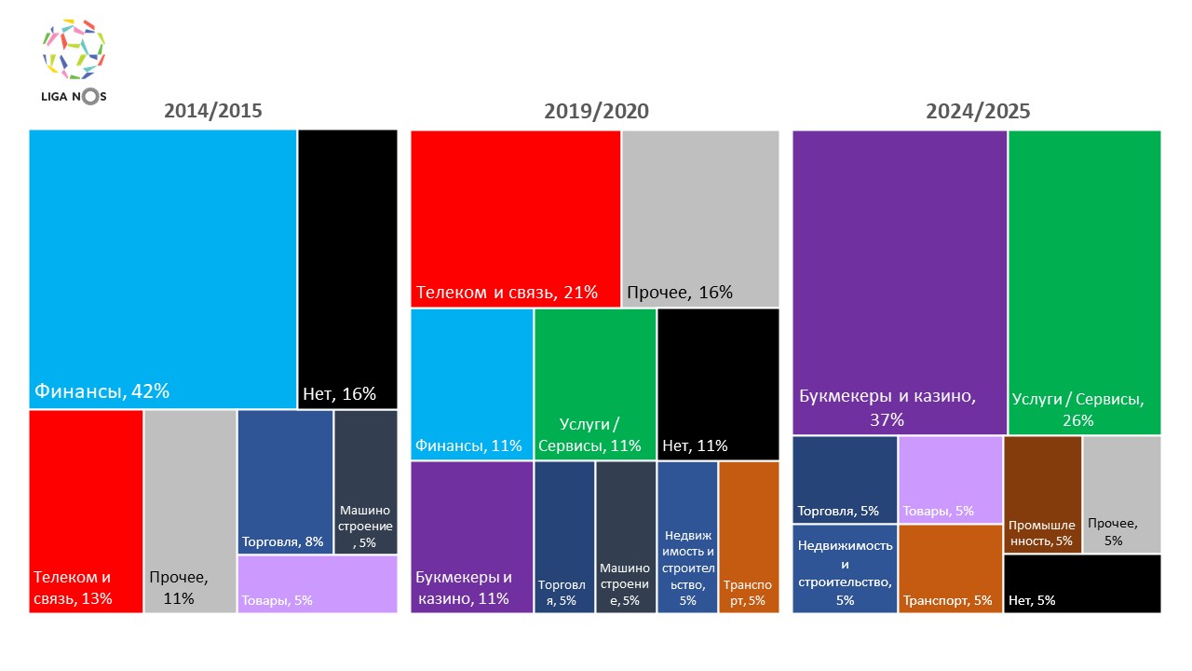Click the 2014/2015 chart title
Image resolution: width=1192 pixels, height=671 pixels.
click(x=213, y=111)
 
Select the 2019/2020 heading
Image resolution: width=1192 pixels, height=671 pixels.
click(x=596, y=111)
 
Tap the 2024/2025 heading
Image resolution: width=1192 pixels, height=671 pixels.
click(x=977, y=111)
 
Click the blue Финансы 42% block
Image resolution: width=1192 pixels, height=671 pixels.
click(x=163, y=268)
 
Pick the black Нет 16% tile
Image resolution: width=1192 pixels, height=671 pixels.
click(x=347, y=268)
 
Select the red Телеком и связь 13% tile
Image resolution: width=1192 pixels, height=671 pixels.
click(x=86, y=511)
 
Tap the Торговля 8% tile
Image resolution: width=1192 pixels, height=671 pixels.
click(x=285, y=482)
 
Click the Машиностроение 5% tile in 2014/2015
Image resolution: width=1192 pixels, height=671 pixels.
click(x=366, y=482)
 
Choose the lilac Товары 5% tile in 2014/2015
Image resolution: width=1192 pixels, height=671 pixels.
click(x=317, y=584)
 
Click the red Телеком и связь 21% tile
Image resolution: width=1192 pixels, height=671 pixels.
click(x=515, y=218)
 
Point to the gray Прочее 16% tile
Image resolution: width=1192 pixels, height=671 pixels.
click(x=700, y=218)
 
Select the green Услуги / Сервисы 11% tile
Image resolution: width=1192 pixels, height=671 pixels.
click(x=595, y=384)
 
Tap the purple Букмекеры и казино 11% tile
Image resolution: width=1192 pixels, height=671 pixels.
click(x=471, y=537)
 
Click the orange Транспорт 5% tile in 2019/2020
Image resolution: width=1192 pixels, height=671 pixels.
click(x=749, y=537)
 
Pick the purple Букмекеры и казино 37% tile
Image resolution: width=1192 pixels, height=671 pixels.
click(x=900, y=281)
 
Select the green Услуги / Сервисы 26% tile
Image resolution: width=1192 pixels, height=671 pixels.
click(x=1084, y=281)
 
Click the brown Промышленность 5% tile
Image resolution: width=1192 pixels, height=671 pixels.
click(x=1043, y=494)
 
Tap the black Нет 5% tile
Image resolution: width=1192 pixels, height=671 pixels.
click(x=1082, y=583)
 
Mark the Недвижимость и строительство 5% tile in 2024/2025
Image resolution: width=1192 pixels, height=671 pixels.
click(x=845, y=568)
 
